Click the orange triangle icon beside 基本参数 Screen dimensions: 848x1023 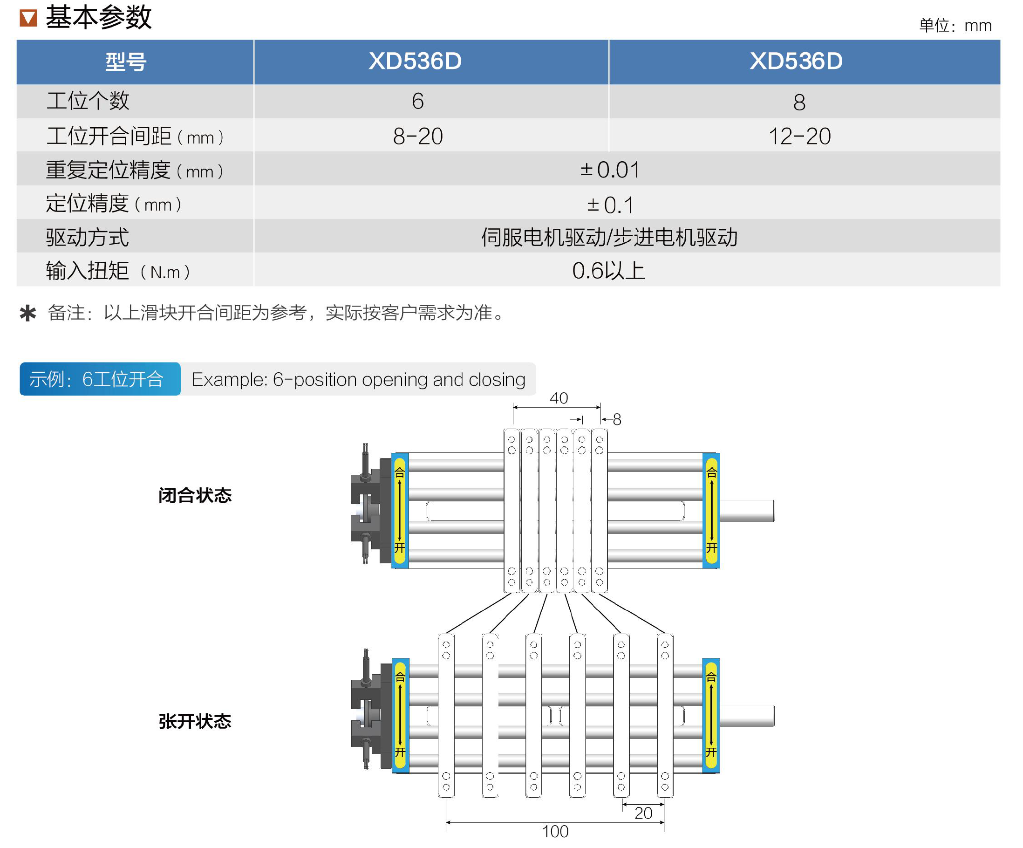coord(28,18)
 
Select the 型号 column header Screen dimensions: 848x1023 coord(126,62)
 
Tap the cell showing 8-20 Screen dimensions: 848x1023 coord(417,136)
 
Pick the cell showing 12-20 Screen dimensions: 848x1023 coord(799,136)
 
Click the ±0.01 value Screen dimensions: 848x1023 coord(609,170)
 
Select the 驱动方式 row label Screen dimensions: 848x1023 coord(88,237)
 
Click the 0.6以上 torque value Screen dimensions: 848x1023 coord(608,271)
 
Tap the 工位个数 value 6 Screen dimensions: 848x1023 coord(417,102)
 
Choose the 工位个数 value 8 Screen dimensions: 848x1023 coord(799,103)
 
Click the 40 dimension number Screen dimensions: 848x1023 coord(559,398)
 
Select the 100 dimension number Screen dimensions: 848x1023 coord(555,831)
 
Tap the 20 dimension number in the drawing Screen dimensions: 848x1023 coord(643,813)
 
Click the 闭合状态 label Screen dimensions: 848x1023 coord(195,495)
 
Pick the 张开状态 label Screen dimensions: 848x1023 coord(195,721)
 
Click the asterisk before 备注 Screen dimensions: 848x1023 coord(28,313)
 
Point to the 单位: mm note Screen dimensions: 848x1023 coord(955,25)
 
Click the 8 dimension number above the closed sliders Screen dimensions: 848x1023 coord(617,420)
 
